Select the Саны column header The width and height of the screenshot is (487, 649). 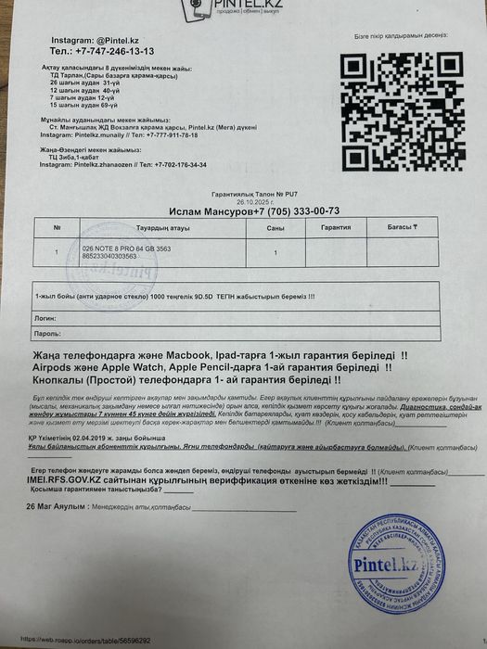pyautogui.click(x=276, y=227)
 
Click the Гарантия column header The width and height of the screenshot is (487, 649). pyautogui.click(x=336, y=227)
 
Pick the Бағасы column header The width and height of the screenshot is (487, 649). pyautogui.click(x=402, y=227)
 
